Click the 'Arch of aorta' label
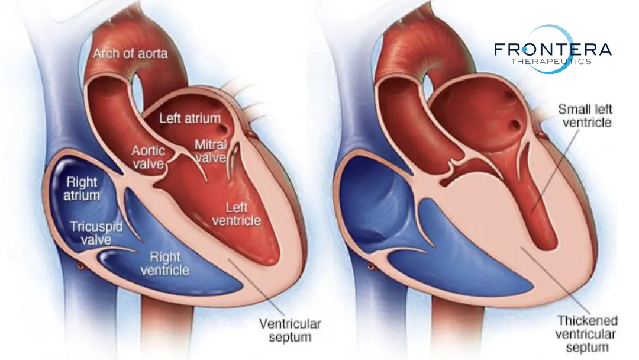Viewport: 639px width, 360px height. (x=130, y=54)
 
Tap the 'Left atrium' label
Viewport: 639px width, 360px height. (x=189, y=118)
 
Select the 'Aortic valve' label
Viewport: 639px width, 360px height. (x=148, y=157)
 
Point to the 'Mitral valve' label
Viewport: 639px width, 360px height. (x=211, y=151)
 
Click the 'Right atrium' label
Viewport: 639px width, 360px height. (x=83, y=188)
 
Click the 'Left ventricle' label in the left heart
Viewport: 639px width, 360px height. (x=240, y=213)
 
